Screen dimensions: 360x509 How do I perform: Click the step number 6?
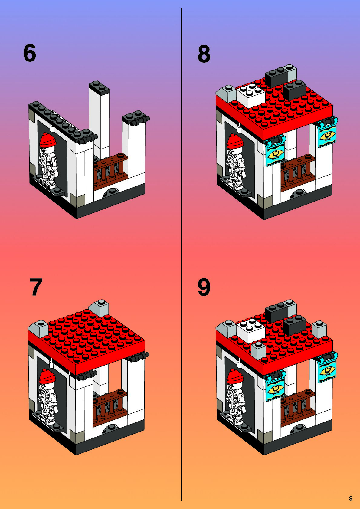(30, 53)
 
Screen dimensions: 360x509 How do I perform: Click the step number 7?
(36, 287)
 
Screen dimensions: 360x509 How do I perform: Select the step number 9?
(204, 287)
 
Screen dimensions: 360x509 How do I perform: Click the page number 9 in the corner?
(351, 498)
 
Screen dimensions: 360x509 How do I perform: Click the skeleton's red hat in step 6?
(47, 140)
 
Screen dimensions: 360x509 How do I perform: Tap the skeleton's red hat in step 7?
(47, 376)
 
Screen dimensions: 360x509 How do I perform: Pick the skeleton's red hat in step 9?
(235, 376)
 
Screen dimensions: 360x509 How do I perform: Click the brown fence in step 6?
(111, 170)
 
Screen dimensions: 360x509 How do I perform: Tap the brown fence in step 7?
(110, 406)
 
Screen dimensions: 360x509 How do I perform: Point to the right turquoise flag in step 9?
(327, 366)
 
